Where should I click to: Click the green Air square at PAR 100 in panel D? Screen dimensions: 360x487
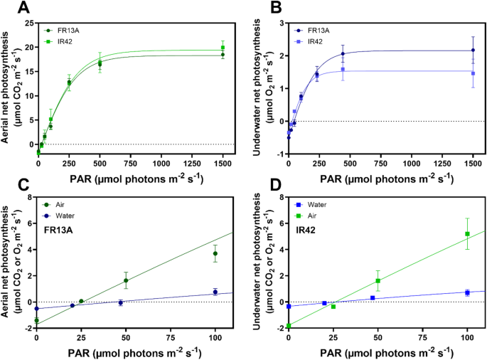click(x=467, y=234)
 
